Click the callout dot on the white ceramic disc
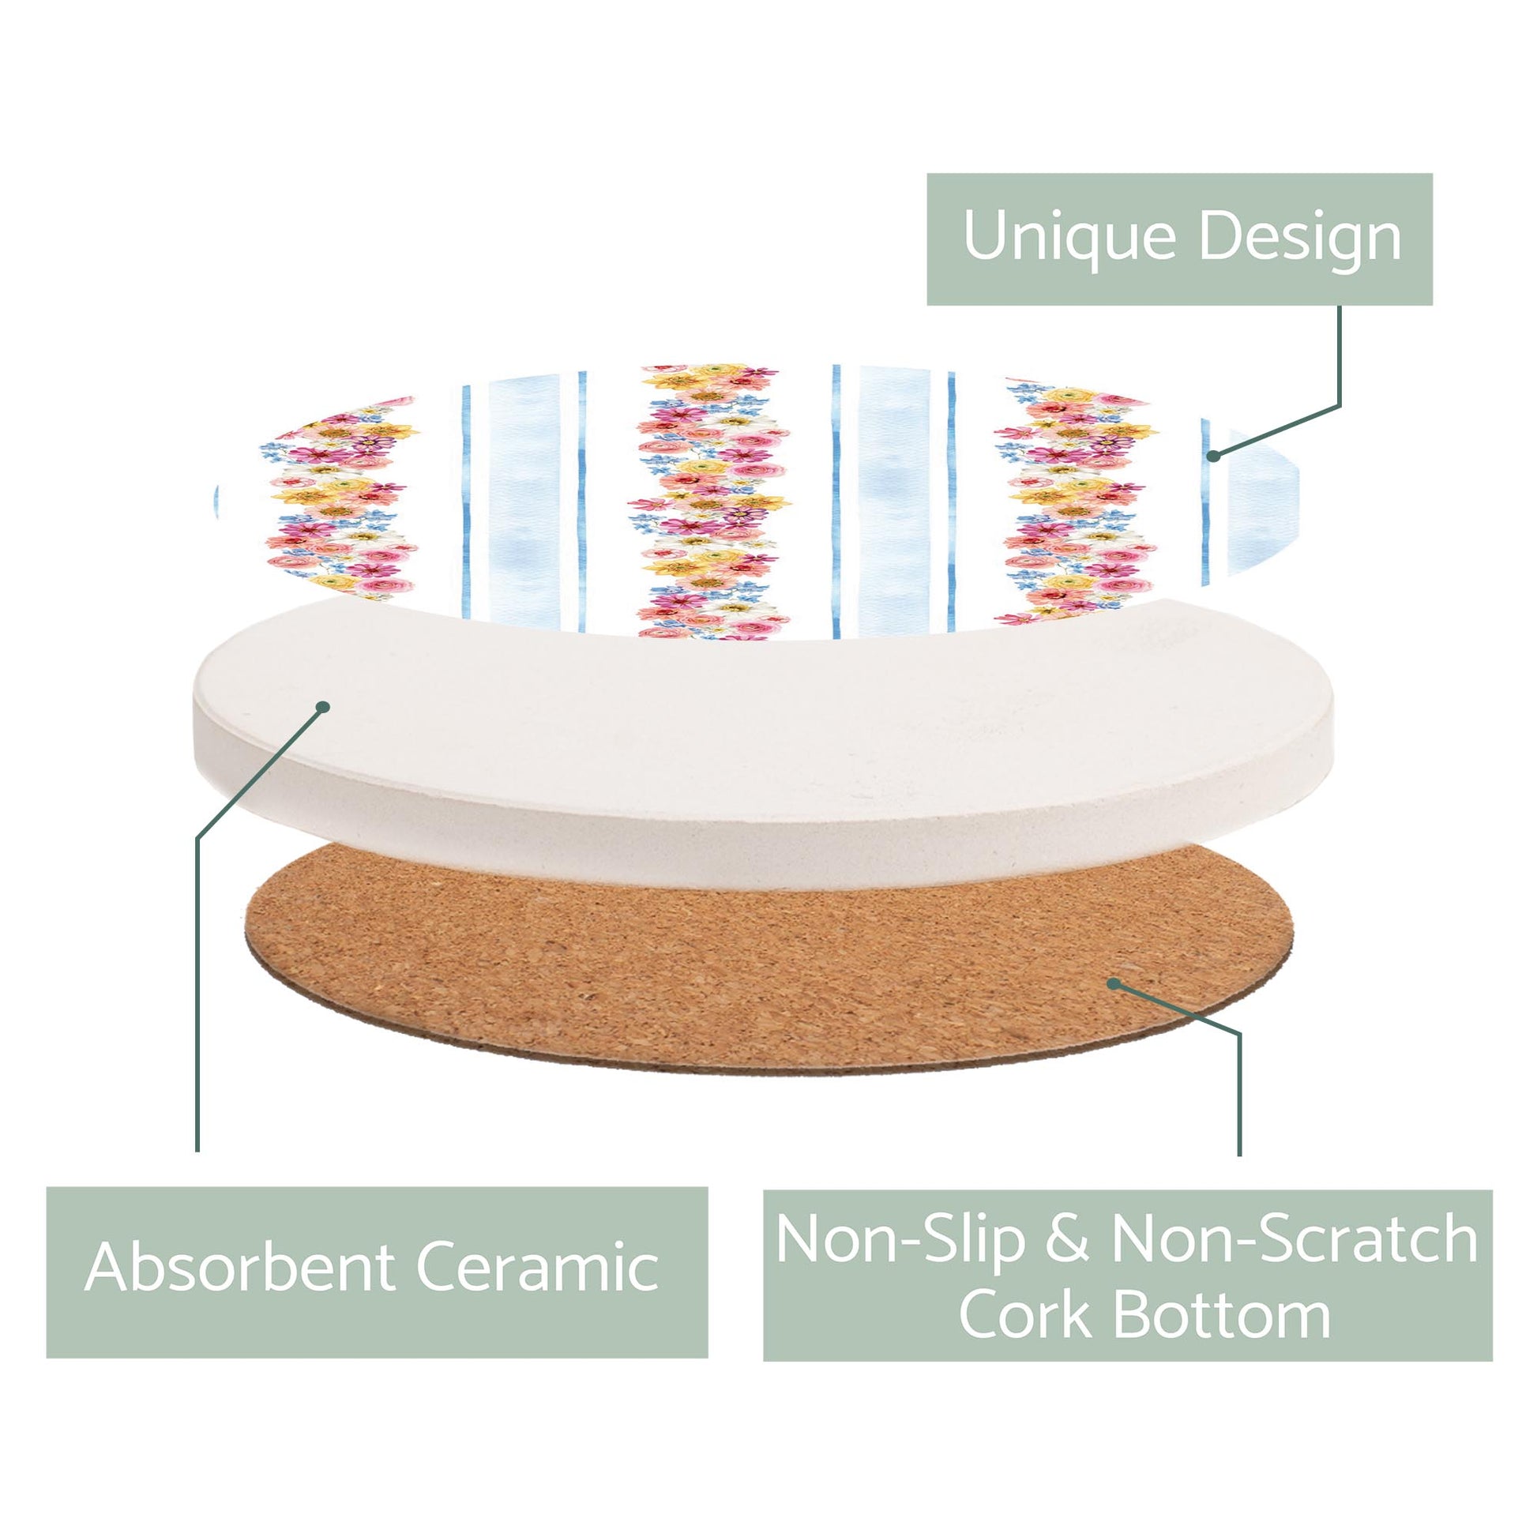click(323, 706)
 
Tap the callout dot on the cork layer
click(1114, 984)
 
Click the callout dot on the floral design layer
click(1214, 456)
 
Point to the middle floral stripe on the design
click(709, 502)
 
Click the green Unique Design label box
click(1180, 239)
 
